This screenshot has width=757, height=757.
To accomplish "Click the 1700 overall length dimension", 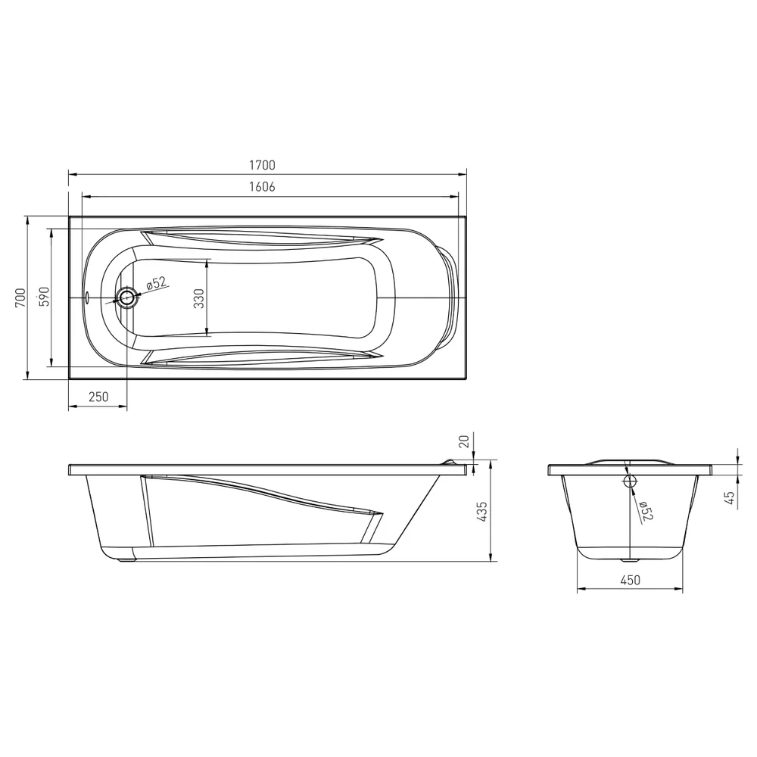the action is click(262, 165).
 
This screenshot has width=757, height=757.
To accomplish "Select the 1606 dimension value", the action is click(262, 186).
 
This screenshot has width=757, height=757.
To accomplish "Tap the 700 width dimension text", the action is click(20, 298).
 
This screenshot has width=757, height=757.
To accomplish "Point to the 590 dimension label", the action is click(44, 298).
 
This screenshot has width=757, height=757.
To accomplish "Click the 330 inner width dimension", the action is click(198, 298).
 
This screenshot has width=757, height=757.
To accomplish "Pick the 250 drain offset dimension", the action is click(98, 397).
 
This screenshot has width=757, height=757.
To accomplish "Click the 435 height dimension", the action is click(481, 512).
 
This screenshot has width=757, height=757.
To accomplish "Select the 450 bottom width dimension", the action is click(630, 580).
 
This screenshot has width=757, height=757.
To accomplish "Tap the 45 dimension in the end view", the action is click(730, 498).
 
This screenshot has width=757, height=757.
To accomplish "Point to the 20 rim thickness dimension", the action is click(464, 441).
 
